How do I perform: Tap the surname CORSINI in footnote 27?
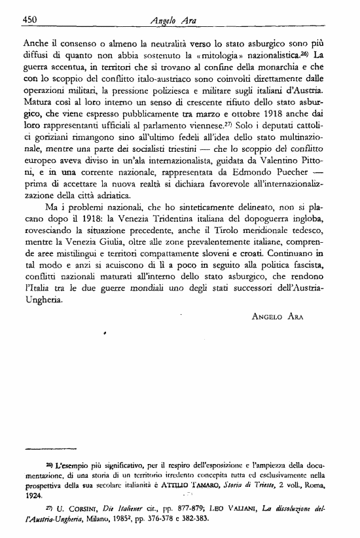click(x=84, y=511)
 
